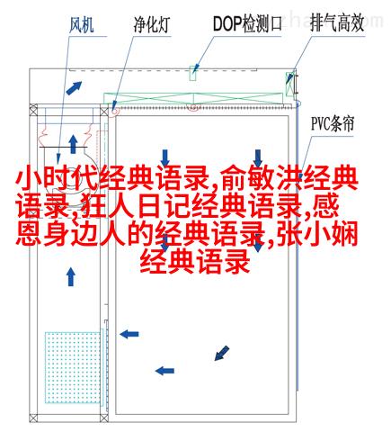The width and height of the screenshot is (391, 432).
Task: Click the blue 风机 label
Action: click(81, 24)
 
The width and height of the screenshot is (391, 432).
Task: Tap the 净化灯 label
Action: click(152, 24)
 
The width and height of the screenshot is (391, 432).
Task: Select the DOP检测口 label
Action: click(247, 23)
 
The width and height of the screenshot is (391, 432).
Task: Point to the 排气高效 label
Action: click(337, 22)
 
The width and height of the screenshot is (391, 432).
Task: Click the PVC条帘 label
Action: click(333, 124)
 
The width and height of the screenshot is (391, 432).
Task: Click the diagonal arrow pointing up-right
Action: click(74, 87)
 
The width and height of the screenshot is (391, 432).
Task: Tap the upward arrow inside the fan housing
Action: click(73, 144)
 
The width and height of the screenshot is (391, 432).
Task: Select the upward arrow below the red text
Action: click(71, 277)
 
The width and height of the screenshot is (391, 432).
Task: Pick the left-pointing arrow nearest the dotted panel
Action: click(129, 334)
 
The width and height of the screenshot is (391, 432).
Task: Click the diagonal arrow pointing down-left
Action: click(222, 353)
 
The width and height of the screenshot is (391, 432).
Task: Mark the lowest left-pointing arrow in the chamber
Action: click(164, 371)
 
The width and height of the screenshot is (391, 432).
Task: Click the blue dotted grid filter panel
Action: click(73, 367)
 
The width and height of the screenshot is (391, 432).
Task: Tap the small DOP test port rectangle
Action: click(193, 73)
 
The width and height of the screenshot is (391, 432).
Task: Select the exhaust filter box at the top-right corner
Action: click(289, 84)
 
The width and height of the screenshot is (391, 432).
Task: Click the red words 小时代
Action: click(57, 180)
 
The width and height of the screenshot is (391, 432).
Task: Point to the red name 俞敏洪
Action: click(262, 180)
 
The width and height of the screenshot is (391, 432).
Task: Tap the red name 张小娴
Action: click(317, 234)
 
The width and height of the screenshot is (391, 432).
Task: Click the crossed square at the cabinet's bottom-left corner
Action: click(33, 418)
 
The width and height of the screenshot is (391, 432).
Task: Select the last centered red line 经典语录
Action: click(195, 262)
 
